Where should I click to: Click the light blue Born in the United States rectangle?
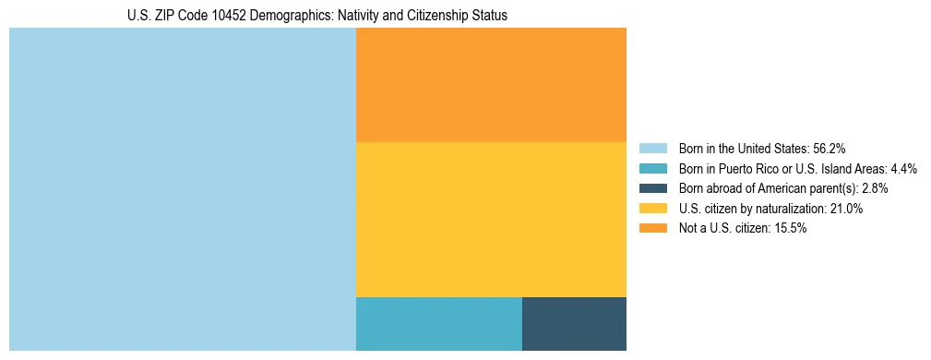[x=182, y=189]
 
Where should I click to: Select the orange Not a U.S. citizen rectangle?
[x=491, y=85]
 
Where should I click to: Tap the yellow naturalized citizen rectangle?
[x=491, y=220]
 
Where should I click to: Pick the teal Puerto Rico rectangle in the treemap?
[x=439, y=324]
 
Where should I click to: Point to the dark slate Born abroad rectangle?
[x=574, y=324]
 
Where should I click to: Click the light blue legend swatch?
[x=652, y=149]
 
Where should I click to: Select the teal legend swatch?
[x=652, y=169]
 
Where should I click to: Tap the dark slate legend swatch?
[x=652, y=188]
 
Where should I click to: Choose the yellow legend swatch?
[x=652, y=209]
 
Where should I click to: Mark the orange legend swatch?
[x=652, y=229]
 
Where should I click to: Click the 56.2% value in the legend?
[x=830, y=149]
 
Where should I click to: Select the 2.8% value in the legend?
[x=875, y=188]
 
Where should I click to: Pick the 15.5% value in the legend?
[x=790, y=229]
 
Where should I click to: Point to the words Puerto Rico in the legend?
[x=744, y=169]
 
